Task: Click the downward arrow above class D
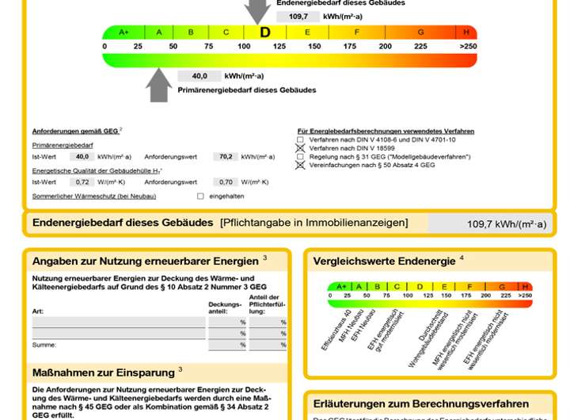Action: pyautogui.click(x=257, y=12)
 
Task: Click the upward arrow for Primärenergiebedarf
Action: pyautogui.click(x=159, y=86)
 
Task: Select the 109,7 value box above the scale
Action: pyautogui.click(x=298, y=16)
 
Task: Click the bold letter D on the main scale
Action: pyautogui.click(x=265, y=32)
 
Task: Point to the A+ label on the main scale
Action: pyautogui.click(x=123, y=32)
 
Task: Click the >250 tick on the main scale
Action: pyautogui.click(x=468, y=46)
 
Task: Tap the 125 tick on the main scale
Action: pyautogui.click(x=279, y=46)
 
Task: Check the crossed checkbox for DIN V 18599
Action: pyautogui.click(x=300, y=148)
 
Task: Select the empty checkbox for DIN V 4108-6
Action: pyautogui.click(x=300, y=139)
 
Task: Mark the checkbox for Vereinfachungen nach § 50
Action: pyautogui.click(x=300, y=165)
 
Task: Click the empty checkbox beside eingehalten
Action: pyautogui.click(x=200, y=196)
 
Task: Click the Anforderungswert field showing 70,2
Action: pyautogui.click(x=226, y=157)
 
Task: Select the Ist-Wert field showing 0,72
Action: pyautogui.click(x=84, y=181)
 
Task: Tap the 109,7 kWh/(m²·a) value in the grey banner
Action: pyautogui.click(x=506, y=224)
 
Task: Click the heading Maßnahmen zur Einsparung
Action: pyautogui.click(x=103, y=372)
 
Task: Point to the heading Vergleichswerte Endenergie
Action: pyautogui.click(x=384, y=261)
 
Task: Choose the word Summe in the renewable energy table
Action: pyautogui.click(x=44, y=345)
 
